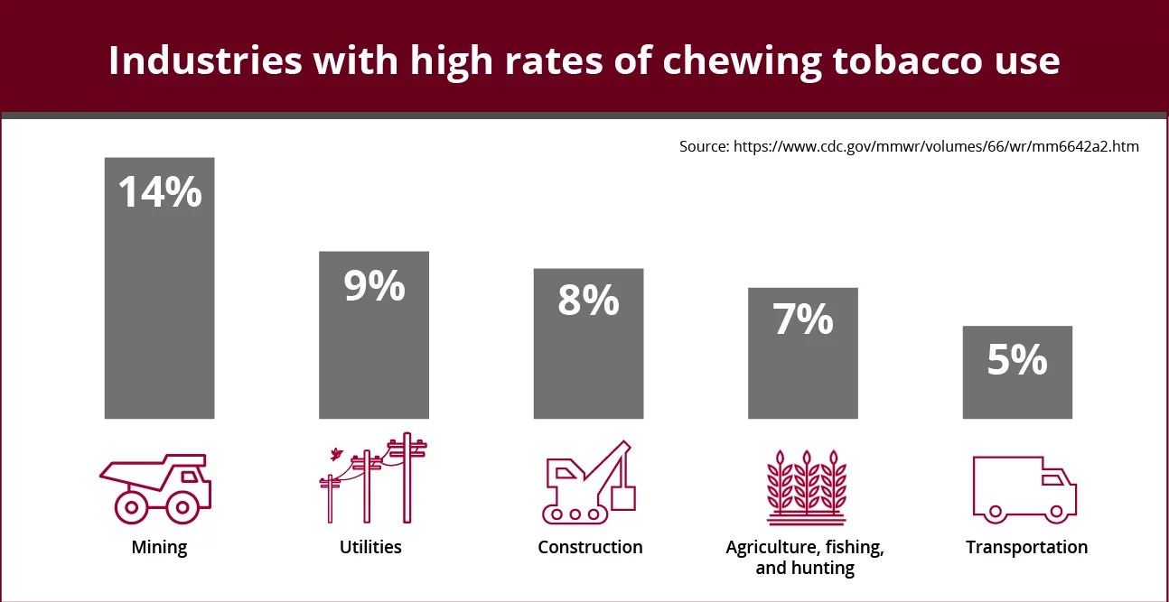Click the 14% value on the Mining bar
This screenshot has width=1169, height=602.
[x=160, y=191]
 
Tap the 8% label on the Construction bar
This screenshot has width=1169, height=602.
[x=588, y=301]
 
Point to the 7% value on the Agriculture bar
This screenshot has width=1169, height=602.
[x=802, y=320]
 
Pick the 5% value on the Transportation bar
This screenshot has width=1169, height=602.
[x=1016, y=359]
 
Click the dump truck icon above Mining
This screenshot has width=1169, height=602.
[x=155, y=487]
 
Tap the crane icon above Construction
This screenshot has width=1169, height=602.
[x=588, y=482]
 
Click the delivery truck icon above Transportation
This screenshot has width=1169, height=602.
[x=1024, y=488]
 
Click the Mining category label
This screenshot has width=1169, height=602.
[x=159, y=547]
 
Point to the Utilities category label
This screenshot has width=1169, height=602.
[x=370, y=547]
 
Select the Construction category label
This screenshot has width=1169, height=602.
[x=590, y=547]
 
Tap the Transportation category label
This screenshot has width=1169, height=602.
[x=1026, y=547]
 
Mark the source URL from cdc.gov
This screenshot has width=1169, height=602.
[x=909, y=146]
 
